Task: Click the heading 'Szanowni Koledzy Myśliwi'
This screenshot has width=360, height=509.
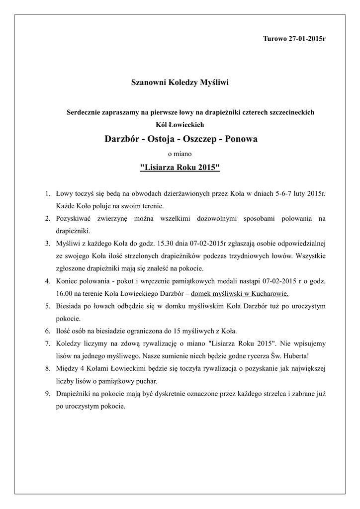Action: click(x=180, y=82)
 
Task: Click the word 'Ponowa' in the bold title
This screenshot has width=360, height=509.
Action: click(x=241, y=139)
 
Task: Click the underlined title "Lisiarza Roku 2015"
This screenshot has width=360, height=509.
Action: click(x=180, y=168)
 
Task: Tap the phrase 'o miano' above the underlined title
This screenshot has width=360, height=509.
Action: click(x=180, y=154)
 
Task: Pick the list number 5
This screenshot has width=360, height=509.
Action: click(x=47, y=306)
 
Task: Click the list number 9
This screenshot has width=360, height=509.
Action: click(x=47, y=393)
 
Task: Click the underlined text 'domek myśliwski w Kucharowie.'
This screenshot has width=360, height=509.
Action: click(x=240, y=293)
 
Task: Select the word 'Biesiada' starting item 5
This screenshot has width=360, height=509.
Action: click(x=69, y=306)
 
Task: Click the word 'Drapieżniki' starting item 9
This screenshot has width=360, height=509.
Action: click(x=73, y=393)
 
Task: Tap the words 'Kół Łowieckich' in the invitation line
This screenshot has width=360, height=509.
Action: click(x=180, y=124)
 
